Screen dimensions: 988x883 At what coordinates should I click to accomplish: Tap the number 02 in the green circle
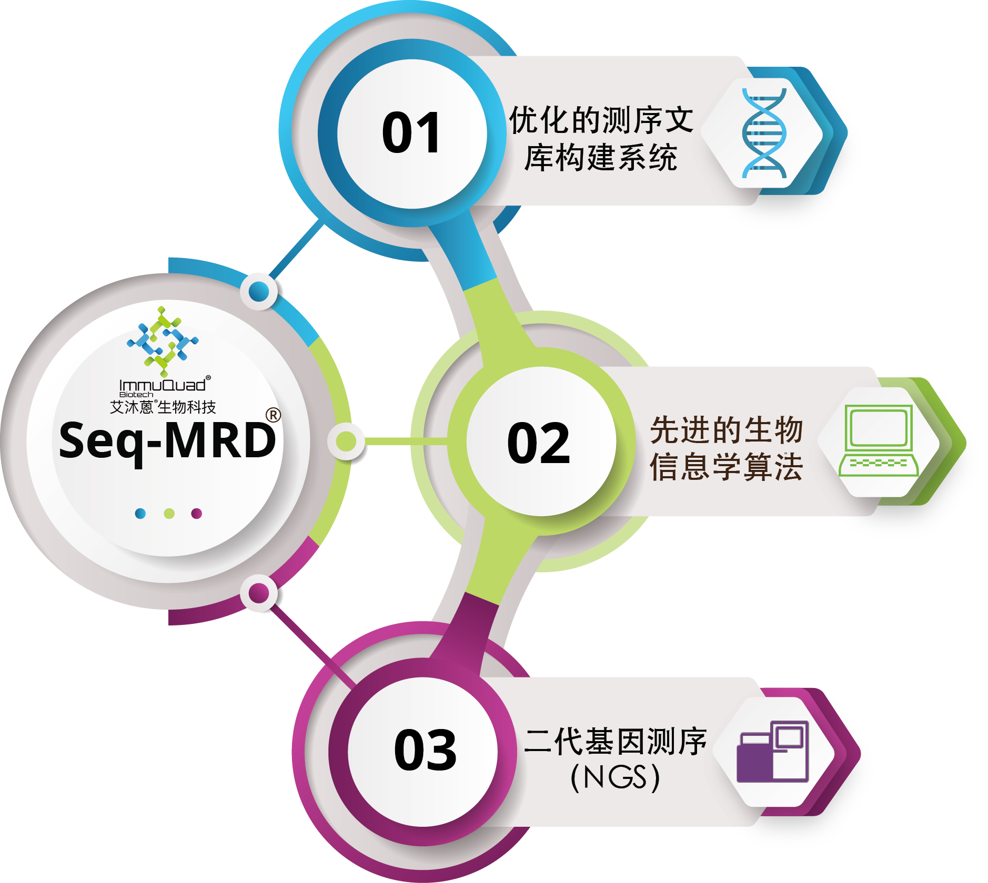click(x=538, y=443)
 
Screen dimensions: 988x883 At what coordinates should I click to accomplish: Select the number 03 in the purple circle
click(x=425, y=750)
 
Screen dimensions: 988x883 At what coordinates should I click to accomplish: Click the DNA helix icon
click(x=764, y=133)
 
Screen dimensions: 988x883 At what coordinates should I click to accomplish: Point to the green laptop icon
click(x=878, y=440)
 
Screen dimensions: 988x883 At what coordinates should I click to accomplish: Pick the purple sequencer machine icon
click(x=772, y=752)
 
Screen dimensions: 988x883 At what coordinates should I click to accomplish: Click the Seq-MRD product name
click(x=167, y=440)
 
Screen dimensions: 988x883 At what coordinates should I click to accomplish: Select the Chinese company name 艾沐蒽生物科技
click(x=163, y=407)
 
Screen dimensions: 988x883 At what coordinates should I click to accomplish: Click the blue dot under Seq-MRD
click(x=140, y=514)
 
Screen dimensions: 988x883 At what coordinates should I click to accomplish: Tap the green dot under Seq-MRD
click(x=169, y=514)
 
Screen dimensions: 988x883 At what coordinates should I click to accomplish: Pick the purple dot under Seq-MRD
click(x=197, y=514)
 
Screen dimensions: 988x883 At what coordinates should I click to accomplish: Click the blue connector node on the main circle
click(x=259, y=291)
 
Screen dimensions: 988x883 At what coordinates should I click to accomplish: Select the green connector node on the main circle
click(x=346, y=441)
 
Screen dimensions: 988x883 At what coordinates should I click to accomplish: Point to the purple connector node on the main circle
click(x=259, y=593)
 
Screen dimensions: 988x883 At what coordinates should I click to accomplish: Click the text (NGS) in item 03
click(x=615, y=777)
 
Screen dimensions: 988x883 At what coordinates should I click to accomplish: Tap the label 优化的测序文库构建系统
click(x=601, y=139)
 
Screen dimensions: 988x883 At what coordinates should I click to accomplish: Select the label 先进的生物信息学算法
click(x=727, y=448)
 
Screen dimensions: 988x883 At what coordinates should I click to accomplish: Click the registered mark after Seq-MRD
click(x=273, y=415)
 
